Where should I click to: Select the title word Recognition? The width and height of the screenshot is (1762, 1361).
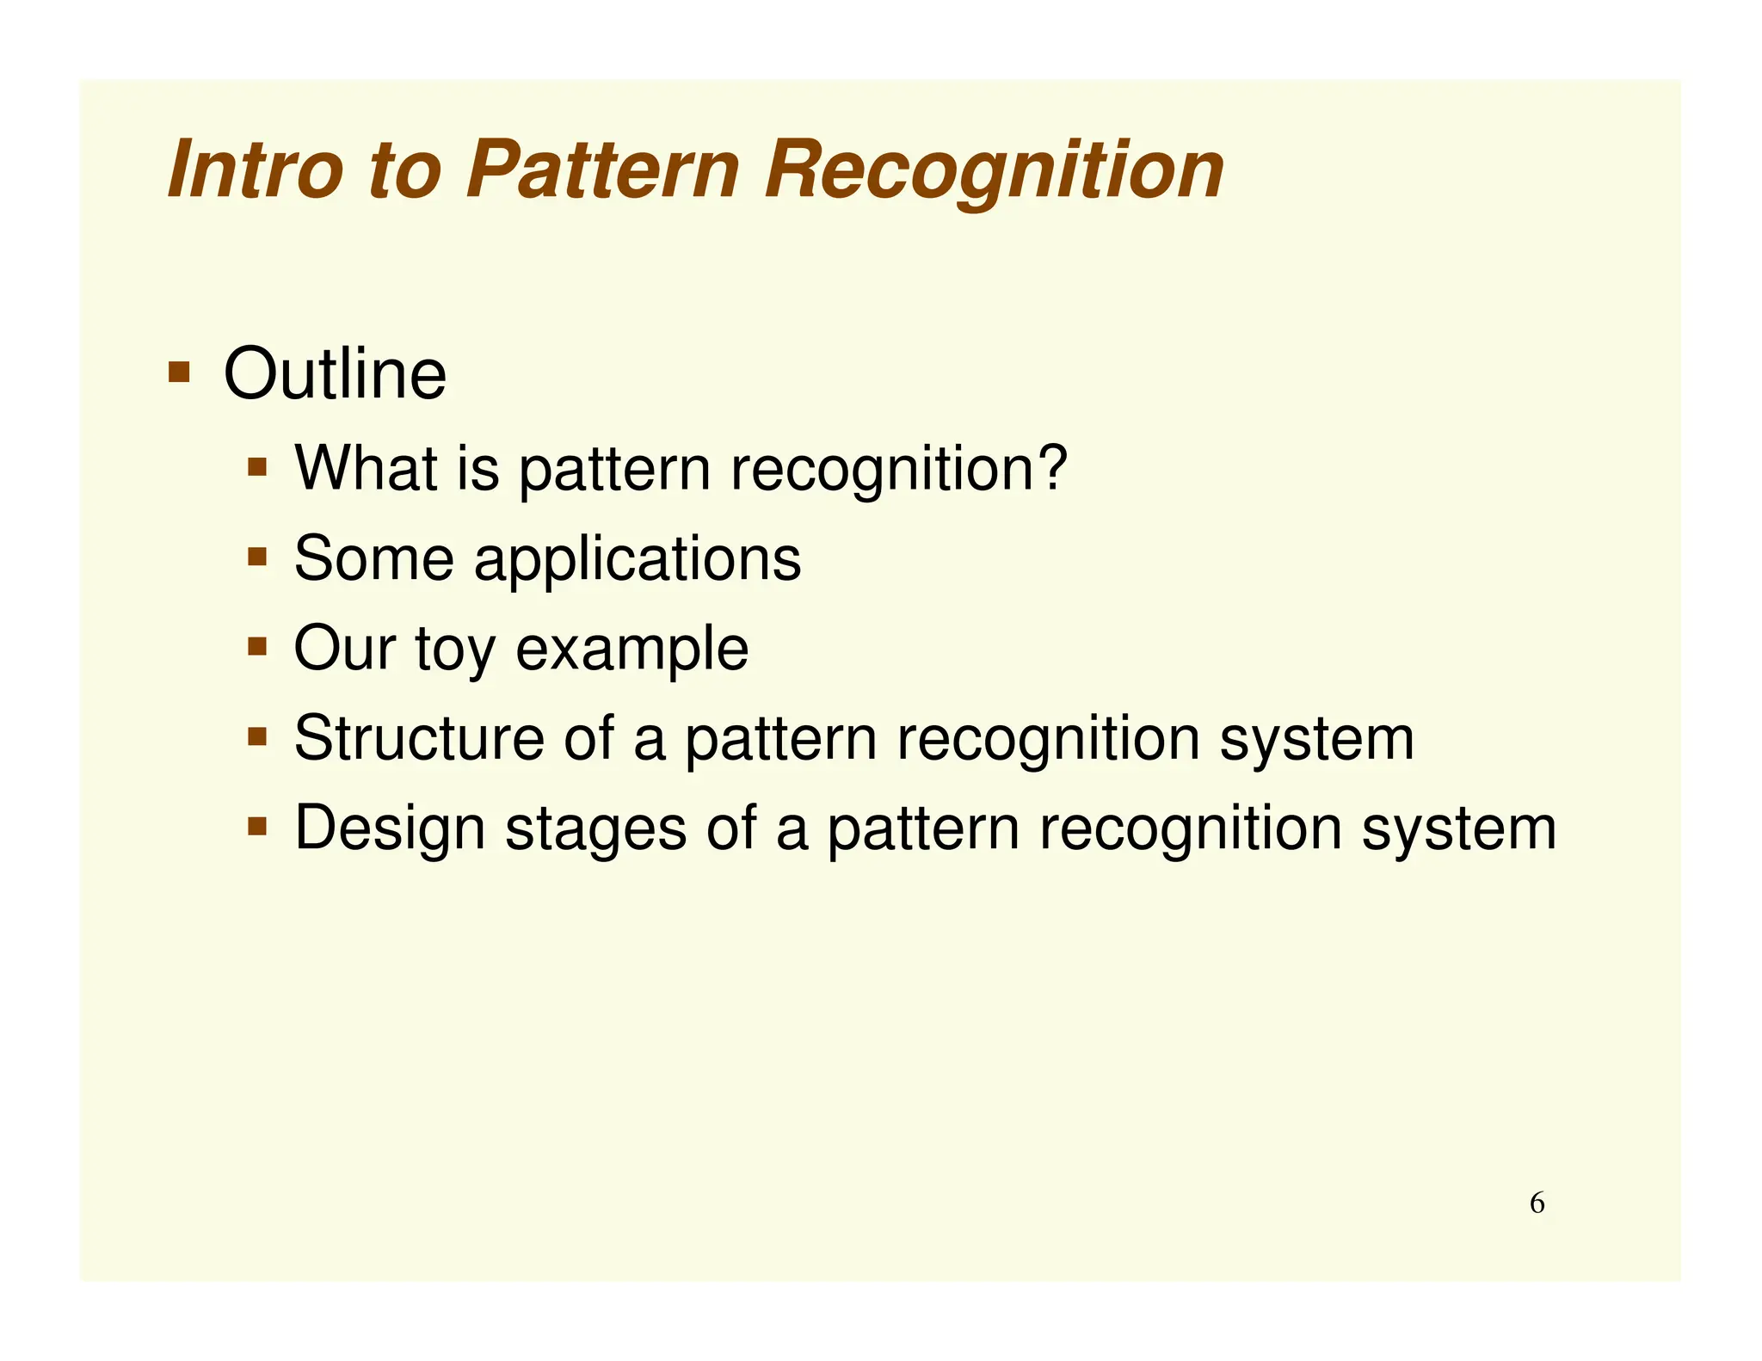click(x=993, y=170)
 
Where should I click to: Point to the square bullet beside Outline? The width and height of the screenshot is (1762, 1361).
click(x=179, y=372)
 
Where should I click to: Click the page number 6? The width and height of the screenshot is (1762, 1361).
click(x=1537, y=1203)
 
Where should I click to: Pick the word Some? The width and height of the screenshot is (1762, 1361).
click(x=373, y=559)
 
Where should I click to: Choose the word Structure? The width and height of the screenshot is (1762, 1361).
click(x=419, y=739)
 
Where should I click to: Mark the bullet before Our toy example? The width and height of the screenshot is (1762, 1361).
click(x=257, y=646)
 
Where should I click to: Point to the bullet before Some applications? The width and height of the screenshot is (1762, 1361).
click(x=257, y=557)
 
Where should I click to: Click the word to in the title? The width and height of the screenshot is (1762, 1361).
click(x=404, y=170)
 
